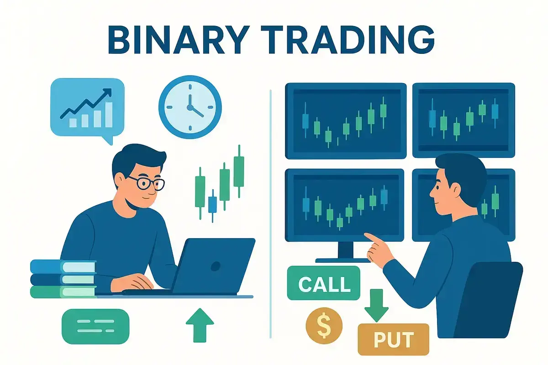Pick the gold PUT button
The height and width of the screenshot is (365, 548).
click(x=393, y=339)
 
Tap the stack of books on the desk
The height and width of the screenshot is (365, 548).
click(x=63, y=278)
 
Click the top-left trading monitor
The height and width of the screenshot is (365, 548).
click(x=345, y=119)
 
